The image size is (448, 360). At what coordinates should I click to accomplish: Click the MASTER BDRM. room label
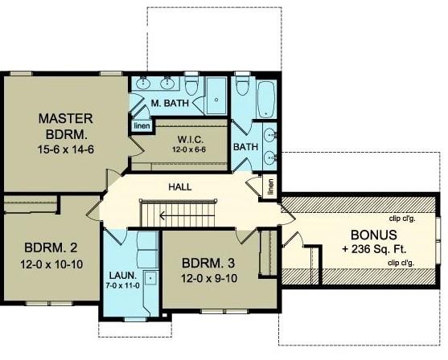(66, 126)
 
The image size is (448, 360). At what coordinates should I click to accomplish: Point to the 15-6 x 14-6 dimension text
(66, 149)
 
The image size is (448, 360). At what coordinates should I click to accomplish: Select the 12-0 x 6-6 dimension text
(189, 149)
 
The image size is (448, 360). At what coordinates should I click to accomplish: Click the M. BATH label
(170, 103)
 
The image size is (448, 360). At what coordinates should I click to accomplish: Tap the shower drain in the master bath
(216, 100)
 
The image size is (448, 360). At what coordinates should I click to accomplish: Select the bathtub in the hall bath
(266, 99)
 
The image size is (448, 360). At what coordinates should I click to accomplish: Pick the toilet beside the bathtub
(243, 84)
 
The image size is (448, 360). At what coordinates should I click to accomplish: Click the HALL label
(180, 187)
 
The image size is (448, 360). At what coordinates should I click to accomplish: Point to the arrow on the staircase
(187, 216)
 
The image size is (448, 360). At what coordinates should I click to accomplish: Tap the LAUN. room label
(123, 276)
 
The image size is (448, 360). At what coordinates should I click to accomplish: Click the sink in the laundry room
(150, 277)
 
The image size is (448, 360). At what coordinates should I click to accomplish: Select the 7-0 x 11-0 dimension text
(122, 285)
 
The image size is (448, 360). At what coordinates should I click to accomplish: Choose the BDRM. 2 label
(51, 247)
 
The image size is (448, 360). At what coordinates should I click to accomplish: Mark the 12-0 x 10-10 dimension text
(51, 264)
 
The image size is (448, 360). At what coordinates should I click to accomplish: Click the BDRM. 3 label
(208, 264)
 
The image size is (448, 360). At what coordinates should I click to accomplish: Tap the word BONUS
(374, 235)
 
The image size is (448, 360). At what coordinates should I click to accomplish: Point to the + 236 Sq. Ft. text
(374, 249)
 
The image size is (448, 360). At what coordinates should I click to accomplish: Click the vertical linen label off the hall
(270, 186)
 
